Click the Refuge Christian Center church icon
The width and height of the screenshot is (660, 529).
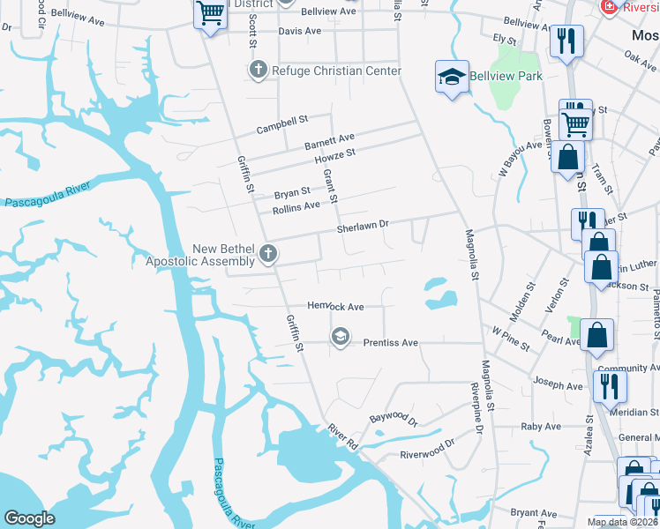(259, 70)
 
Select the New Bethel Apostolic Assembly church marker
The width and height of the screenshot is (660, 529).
(269, 255)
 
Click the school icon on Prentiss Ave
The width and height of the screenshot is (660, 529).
(340, 337)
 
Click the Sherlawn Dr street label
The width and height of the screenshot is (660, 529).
(363, 227)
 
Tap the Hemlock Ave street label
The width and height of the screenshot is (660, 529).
(335, 307)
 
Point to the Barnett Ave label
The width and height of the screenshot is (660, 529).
(329, 138)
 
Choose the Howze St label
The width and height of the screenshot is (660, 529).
(334, 153)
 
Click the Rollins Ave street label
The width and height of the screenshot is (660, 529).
(296, 207)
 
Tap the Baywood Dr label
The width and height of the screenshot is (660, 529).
(394, 421)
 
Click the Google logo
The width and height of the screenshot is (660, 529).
(29, 518)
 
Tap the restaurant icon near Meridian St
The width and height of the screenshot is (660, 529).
(609, 384)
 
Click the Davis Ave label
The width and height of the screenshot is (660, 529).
(300, 31)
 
